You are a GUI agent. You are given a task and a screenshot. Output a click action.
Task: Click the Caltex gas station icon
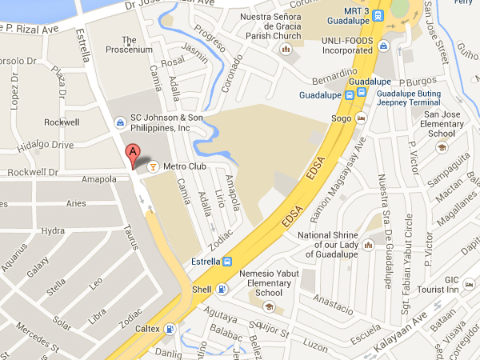point(169,329)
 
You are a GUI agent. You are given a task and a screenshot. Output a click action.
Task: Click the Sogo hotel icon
point(361,119)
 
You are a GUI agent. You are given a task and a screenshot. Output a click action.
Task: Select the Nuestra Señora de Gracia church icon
point(286,50)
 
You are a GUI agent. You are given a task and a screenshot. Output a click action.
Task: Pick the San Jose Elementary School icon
point(440,146)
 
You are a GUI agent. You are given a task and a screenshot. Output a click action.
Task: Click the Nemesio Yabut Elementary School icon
point(270,306)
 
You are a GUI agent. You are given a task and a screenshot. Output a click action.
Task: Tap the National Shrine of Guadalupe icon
point(368,244)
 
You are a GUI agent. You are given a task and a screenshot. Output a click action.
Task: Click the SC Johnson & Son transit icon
point(120,122)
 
